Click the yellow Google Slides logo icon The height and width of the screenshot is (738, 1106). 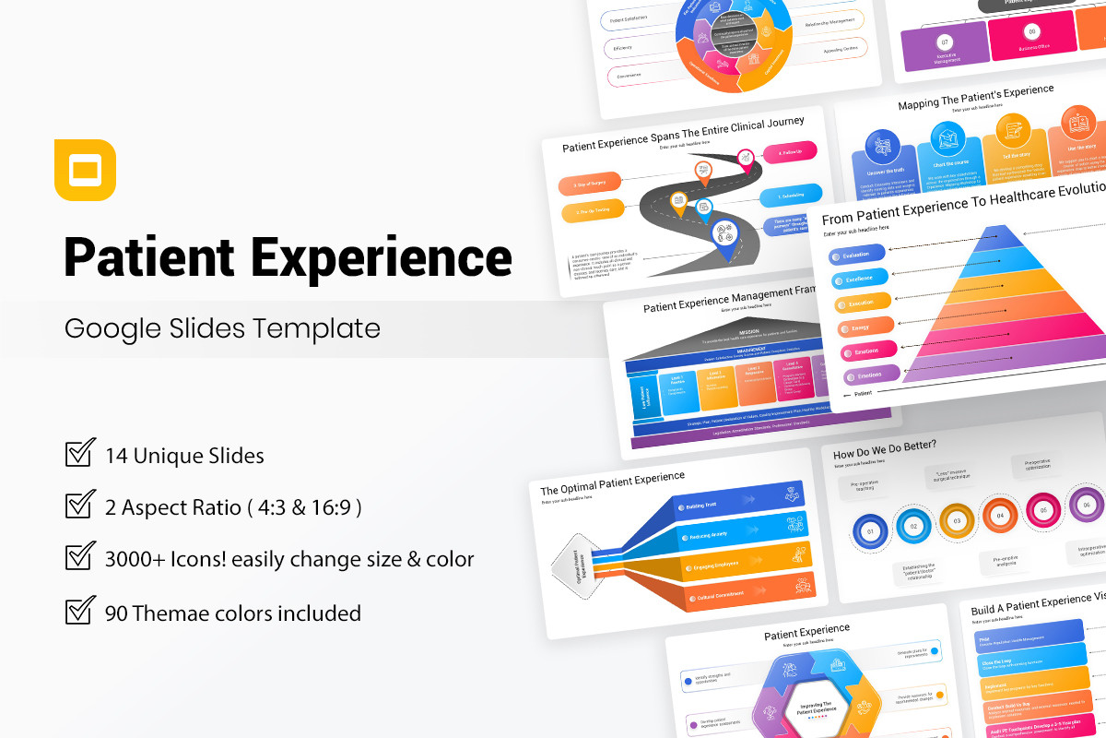point(85,170)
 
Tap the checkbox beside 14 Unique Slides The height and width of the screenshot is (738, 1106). point(80,454)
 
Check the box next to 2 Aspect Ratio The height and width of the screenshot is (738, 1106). point(80,506)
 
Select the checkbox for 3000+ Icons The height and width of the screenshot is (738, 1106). point(80,557)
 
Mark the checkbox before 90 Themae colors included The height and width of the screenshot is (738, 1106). point(80,611)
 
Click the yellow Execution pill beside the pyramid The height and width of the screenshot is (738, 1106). point(863,303)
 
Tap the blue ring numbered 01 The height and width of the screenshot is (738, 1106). point(868,531)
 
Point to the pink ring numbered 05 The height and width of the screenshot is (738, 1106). point(1043,508)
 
